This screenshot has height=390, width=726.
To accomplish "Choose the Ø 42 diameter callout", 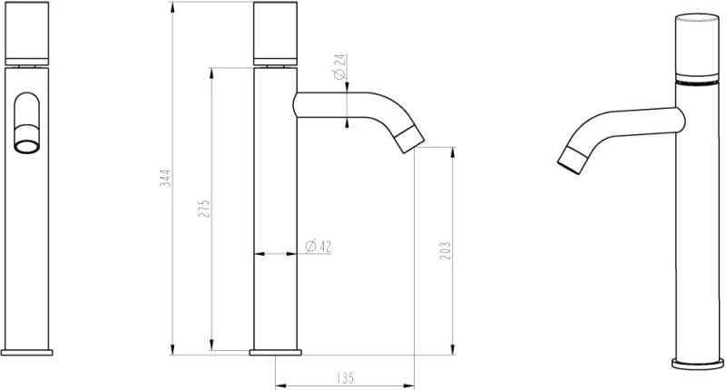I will pos(318,245).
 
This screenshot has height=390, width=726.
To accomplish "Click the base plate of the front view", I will pos(28,351).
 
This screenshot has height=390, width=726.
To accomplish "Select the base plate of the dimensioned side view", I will pos(277,351).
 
